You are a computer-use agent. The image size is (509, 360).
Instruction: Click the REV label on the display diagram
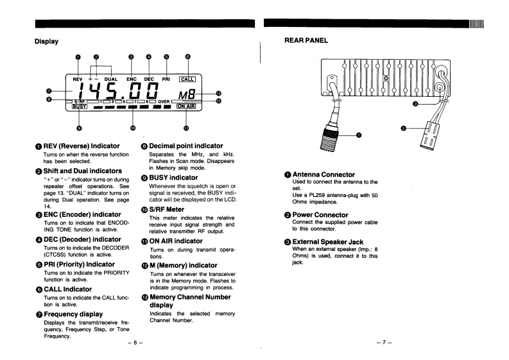pyautogui.click(x=70, y=79)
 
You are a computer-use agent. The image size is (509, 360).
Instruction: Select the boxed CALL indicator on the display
pyautogui.click(x=187, y=79)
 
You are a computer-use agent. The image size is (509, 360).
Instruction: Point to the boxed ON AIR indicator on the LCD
pyautogui.click(x=185, y=107)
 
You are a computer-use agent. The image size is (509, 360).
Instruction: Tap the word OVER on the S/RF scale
pyautogui.click(x=164, y=101)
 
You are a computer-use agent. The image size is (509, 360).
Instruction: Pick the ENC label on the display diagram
pyautogui.click(x=132, y=79)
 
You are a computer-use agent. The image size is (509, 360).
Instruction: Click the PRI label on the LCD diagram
pyautogui.click(x=166, y=79)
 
